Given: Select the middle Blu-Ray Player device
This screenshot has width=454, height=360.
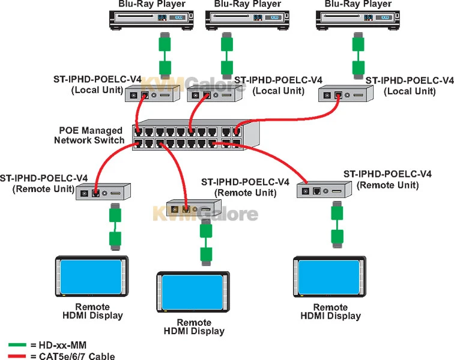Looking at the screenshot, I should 246,20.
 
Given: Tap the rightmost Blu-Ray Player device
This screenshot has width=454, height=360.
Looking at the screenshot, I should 357,20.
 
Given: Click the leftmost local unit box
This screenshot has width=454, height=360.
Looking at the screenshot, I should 152,94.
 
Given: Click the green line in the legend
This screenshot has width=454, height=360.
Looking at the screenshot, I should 17,346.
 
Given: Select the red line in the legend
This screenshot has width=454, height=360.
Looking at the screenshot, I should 17,356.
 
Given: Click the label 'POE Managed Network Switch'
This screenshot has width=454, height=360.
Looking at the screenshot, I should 89,136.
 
